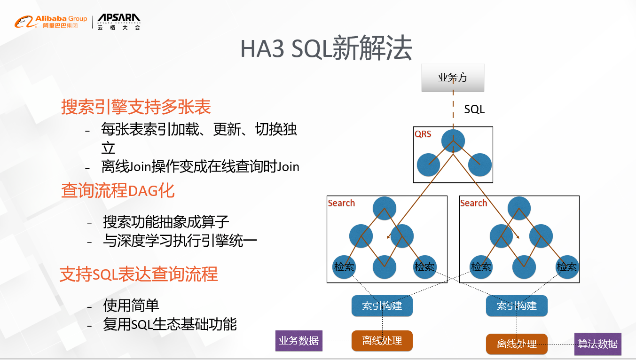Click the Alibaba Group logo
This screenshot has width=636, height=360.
tap(50, 22)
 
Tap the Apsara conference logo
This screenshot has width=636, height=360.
tap(119, 22)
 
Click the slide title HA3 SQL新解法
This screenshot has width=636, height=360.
tap(326, 49)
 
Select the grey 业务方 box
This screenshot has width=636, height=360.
tap(453, 78)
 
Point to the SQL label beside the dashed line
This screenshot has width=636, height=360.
tap(474, 110)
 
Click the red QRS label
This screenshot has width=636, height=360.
tap(423, 134)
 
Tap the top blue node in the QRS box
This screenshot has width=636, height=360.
tap(453, 141)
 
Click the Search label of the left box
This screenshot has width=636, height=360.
tap(341, 203)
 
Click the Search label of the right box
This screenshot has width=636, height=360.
tap(473, 203)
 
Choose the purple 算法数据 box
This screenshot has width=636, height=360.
tap(597, 344)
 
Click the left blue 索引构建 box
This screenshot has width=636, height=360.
tap(382, 306)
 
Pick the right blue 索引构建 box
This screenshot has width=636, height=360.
tap(517, 306)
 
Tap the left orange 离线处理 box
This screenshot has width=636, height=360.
tap(382, 341)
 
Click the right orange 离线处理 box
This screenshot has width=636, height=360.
tap(517, 344)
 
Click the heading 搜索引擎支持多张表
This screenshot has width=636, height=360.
tap(136, 107)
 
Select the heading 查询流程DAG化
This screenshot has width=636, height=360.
tap(118, 191)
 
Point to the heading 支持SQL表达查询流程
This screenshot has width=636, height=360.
tap(139, 274)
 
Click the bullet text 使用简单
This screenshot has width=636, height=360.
tap(131, 305)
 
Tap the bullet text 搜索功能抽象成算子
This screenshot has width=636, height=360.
tap(166, 221)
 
